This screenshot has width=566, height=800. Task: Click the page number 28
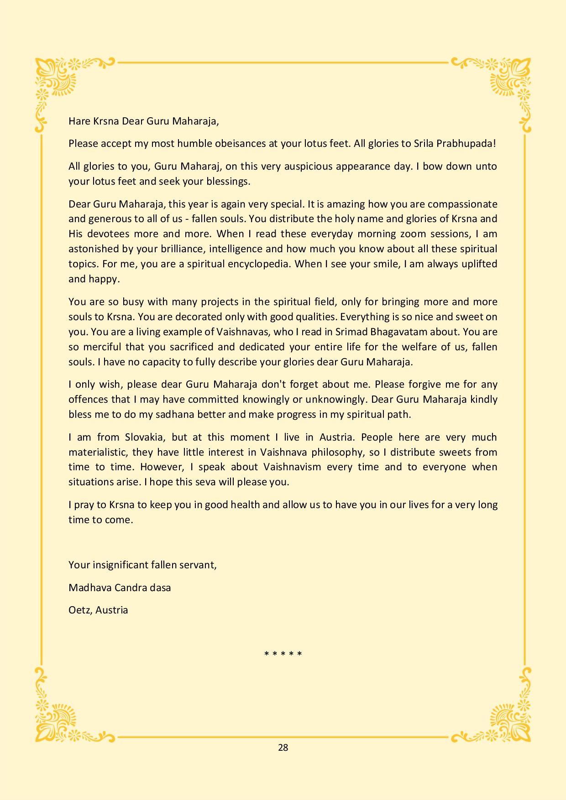(283, 747)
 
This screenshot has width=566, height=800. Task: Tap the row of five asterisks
(283, 654)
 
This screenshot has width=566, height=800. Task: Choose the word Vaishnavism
(292, 467)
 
